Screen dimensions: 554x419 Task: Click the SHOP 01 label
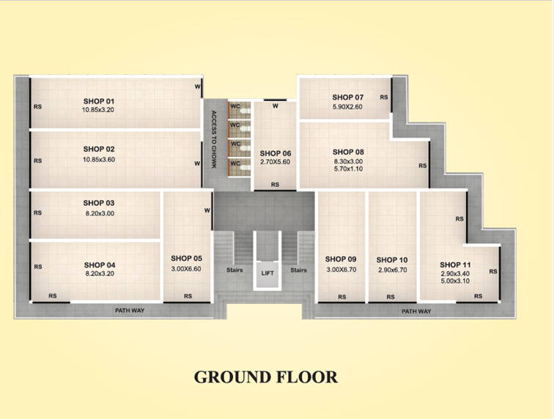[x=99, y=101]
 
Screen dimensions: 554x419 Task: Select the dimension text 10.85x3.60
[x=99, y=160]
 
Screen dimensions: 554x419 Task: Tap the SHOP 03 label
[x=99, y=203]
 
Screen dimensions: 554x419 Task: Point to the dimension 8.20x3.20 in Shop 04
[x=100, y=273]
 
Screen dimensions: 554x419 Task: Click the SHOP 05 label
[x=187, y=259]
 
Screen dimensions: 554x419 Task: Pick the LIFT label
[x=267, y=273]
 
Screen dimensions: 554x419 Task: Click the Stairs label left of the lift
[x=234, y=270]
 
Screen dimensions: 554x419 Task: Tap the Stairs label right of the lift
[x=298, y=270]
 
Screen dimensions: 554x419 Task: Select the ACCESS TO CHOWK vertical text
[x=214, y=139]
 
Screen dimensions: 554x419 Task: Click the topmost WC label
[x=235, y=106]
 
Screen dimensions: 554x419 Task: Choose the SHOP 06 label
[x=276, y=153]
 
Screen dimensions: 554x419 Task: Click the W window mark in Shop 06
[x=276, y=105]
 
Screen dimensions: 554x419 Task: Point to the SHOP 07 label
[x=348, y=97]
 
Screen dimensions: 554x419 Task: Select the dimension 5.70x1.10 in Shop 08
[x=348, y=169]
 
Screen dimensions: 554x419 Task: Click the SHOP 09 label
[x=341, y=259]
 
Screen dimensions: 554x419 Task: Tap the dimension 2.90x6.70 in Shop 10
[x=393, y=270]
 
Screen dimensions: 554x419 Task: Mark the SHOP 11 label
[x=455, y=265]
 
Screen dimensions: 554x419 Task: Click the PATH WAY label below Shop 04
[x=130, y=311]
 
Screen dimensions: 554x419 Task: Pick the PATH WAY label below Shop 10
[x=416, y=311]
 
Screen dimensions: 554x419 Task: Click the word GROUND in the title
[x=232, y=377]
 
